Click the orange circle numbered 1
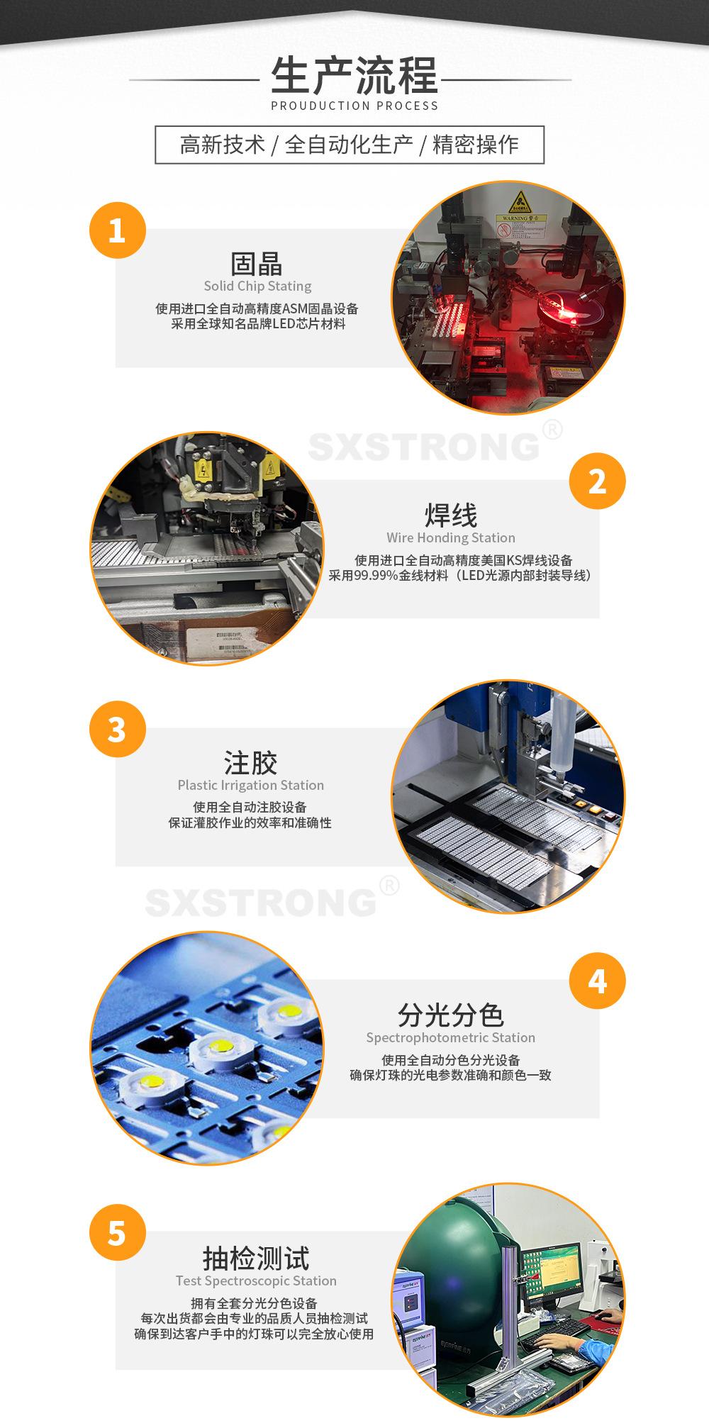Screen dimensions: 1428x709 tap(117, 230)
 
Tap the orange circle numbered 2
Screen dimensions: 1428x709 tap(598, 481)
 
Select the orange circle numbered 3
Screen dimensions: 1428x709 tap(117, 730)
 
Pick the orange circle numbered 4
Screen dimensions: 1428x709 tap(598, 981)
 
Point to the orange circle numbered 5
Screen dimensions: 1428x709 tap(117, 1233)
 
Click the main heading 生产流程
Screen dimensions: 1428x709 tap(354, 76)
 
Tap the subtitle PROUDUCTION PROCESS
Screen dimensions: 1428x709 tap(354, 106)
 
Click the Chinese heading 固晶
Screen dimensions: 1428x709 tap(257, 264)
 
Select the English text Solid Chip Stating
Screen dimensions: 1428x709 tap(257, 286)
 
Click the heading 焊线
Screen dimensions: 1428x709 tap(451, 515)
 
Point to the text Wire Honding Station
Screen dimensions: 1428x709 tap(451, 537)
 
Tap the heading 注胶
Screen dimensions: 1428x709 tap(250, 764)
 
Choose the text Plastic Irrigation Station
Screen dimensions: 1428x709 tap(250, 786)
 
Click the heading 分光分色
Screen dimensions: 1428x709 tap(451, 1015)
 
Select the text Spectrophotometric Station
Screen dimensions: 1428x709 tap(451, 1038)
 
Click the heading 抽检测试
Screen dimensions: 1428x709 tap(256, 1259)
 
